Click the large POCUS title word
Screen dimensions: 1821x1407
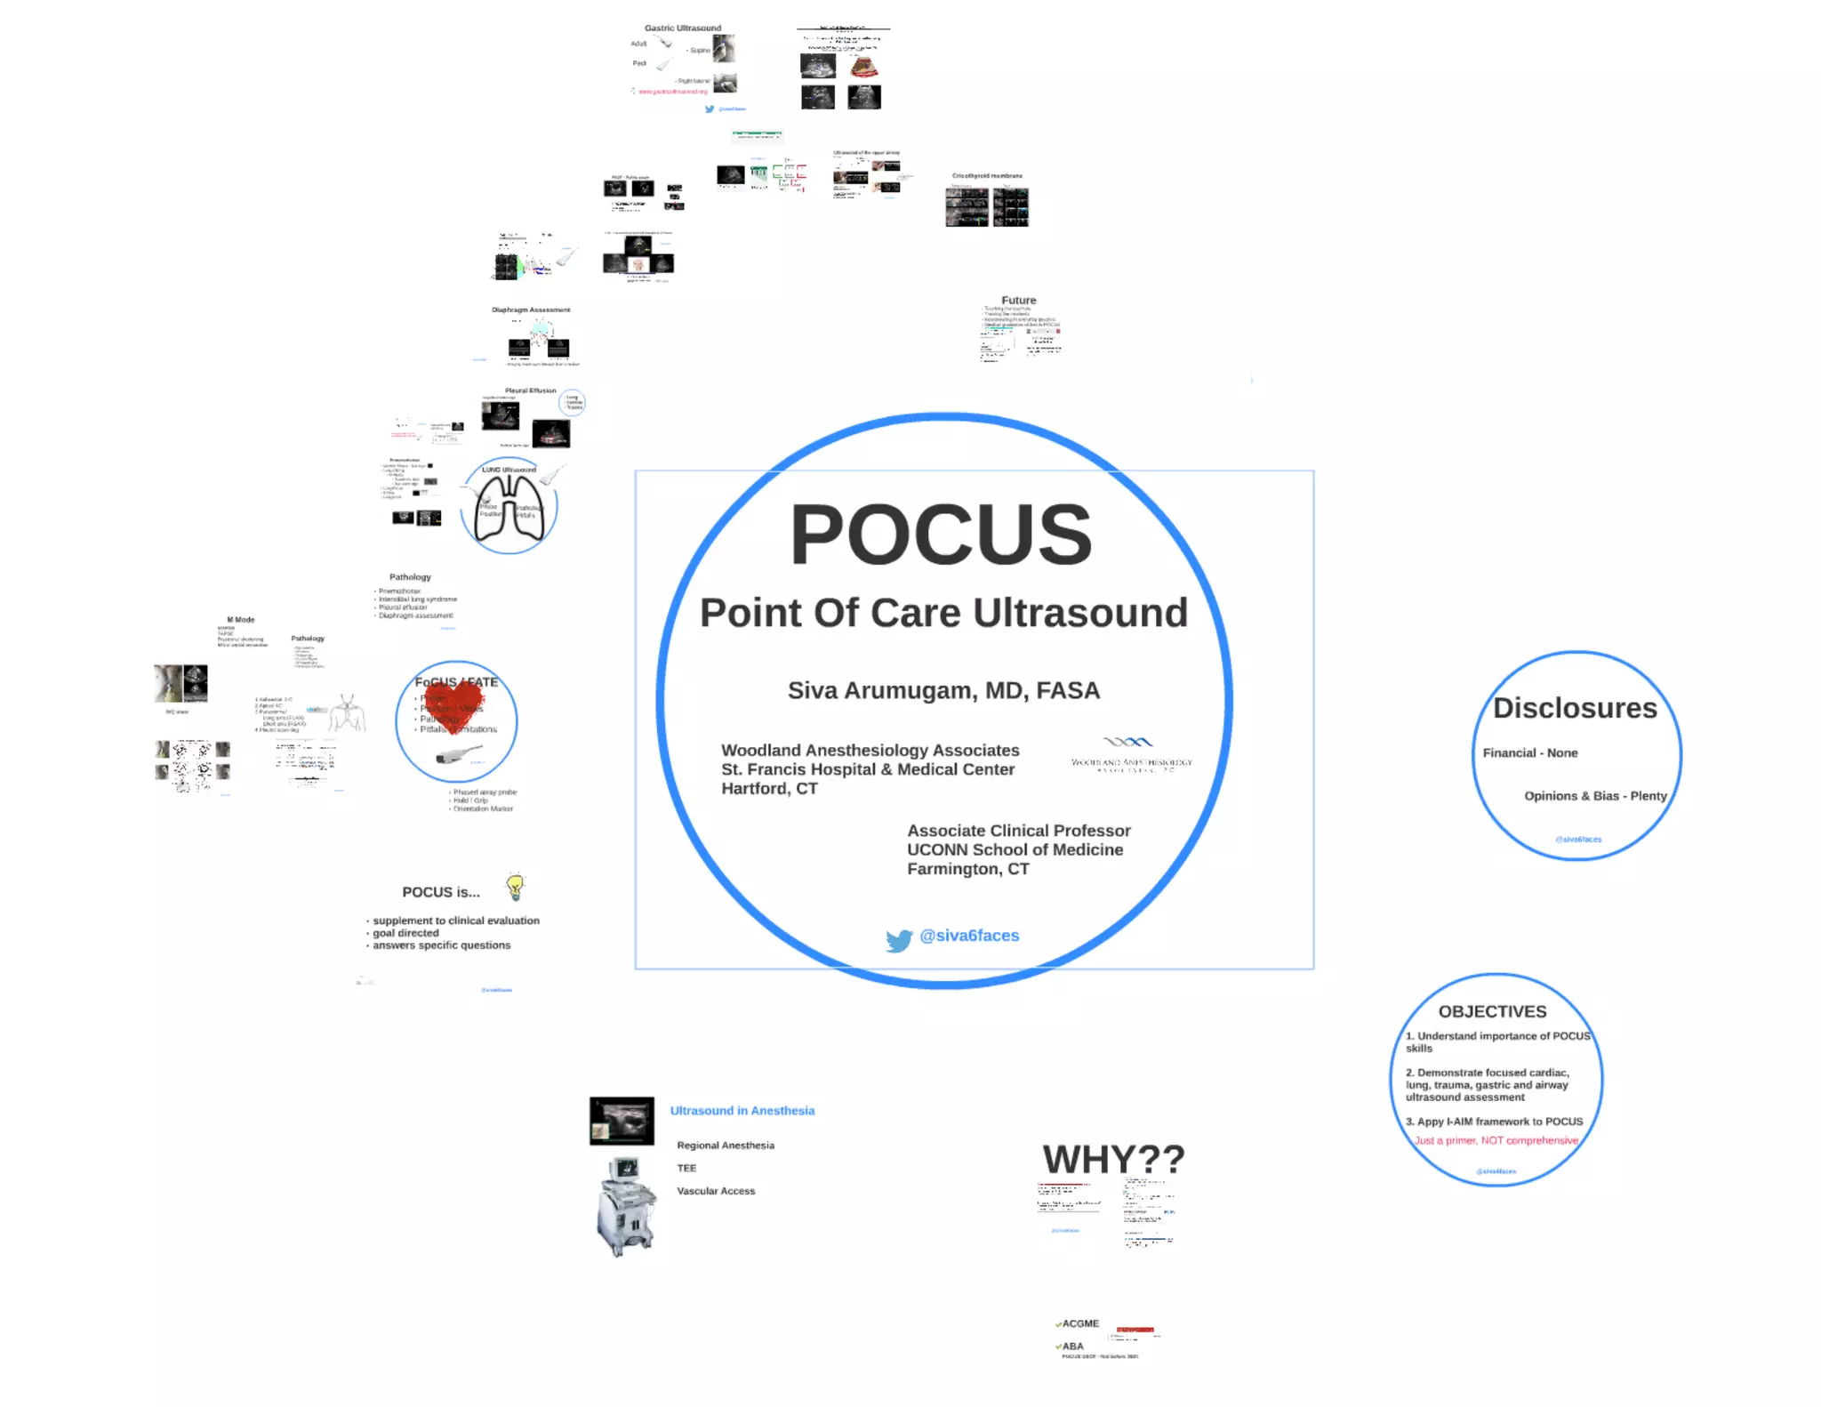[941, 535]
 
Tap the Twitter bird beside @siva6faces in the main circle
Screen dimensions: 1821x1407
[899, 940]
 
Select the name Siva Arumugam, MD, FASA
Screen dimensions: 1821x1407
[943, 691]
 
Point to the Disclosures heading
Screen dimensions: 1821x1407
[1575, 708]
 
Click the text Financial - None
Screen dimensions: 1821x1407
[1530, 753]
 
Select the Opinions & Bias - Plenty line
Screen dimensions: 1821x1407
[1595, 796]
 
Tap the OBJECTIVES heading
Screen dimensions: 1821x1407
[1492, 1011]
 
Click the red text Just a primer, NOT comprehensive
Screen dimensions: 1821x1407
[1496, 1140]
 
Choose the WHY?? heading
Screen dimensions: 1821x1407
[1113, 1160]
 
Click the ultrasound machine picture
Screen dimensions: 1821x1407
[627, 1207]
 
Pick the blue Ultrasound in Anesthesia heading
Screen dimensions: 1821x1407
[742, 1111]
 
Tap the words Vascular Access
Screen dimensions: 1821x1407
[716, 1191]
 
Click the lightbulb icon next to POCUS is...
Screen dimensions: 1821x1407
[515, 887]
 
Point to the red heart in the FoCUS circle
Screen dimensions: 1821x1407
[455, 704]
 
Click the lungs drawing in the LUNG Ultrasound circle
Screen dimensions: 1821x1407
[509, 510]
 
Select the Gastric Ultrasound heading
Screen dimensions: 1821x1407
[683, 28]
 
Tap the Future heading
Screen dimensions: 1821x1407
[1019, 301]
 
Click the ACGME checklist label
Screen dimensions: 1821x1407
[1080, 1323]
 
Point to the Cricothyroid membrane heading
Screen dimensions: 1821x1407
[987, 176]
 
